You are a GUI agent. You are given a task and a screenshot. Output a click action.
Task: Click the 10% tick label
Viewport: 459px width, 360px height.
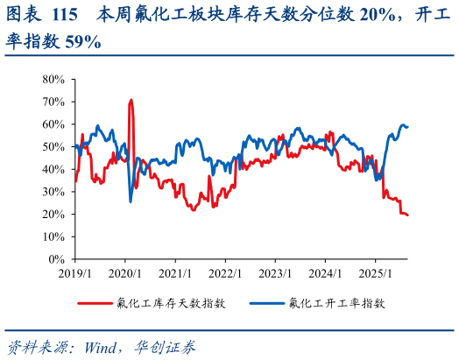[x=54, y=237]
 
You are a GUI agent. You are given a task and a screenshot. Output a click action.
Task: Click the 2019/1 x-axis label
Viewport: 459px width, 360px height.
[x=74, y=273]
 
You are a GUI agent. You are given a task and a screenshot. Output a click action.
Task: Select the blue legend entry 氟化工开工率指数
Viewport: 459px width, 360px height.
[x=335, y=303]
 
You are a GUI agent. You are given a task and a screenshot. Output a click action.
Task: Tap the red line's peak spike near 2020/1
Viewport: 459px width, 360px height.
[x=131, y=100]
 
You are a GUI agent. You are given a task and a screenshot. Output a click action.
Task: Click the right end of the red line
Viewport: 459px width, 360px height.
[x=408, y=215]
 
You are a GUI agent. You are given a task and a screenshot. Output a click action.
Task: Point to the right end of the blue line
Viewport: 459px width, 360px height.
[x=408, y=127]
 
